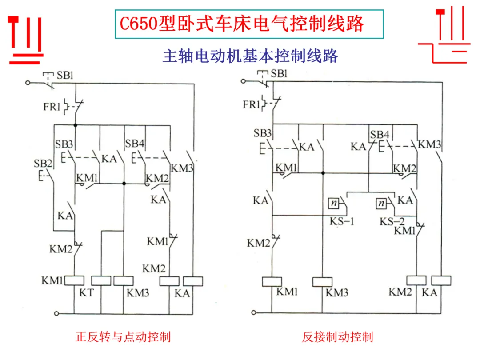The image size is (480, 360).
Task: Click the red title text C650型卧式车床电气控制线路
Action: coord(241,24)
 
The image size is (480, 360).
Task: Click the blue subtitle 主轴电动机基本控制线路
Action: coord(250,56)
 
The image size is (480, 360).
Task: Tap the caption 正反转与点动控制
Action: coord(123,337)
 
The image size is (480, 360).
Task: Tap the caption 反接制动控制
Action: coord(337,337)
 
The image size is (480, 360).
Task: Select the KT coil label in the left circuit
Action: coord(86,292)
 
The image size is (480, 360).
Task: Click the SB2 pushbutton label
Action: coord(43,164)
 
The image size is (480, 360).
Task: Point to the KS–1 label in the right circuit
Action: coord(342,221)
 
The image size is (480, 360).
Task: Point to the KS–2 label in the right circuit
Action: coord(392,221)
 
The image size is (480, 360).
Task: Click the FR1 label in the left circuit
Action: coord(52,107)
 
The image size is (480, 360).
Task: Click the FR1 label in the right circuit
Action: coord(251,105)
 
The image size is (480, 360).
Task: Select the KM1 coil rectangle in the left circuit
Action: coord(74,281)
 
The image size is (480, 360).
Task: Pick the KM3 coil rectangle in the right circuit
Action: coord(322,282)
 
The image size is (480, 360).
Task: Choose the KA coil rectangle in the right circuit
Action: coord(441,281)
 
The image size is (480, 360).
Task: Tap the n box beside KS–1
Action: coord(334,203)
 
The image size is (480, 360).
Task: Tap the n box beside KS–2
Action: coord(381,203)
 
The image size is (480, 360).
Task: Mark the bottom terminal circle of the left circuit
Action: coord(56,313)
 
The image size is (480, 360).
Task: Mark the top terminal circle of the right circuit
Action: coord(243,81)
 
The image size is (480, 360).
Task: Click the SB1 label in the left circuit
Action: coord(65,75)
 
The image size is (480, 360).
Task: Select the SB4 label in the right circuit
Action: coord(380,135)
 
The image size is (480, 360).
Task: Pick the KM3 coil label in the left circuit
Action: coord(138,293)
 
